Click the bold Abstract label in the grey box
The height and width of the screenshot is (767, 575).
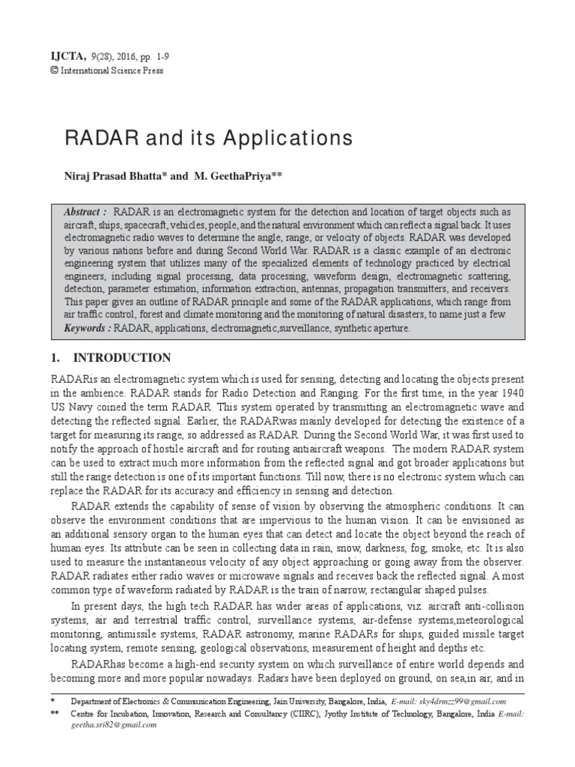pyautogui.click(x=85, y=213)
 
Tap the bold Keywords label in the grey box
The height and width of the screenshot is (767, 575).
pyautogui.click(x=88, y=327)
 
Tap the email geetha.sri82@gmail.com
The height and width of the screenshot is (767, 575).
pyautogui.click(x=113, y=726)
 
